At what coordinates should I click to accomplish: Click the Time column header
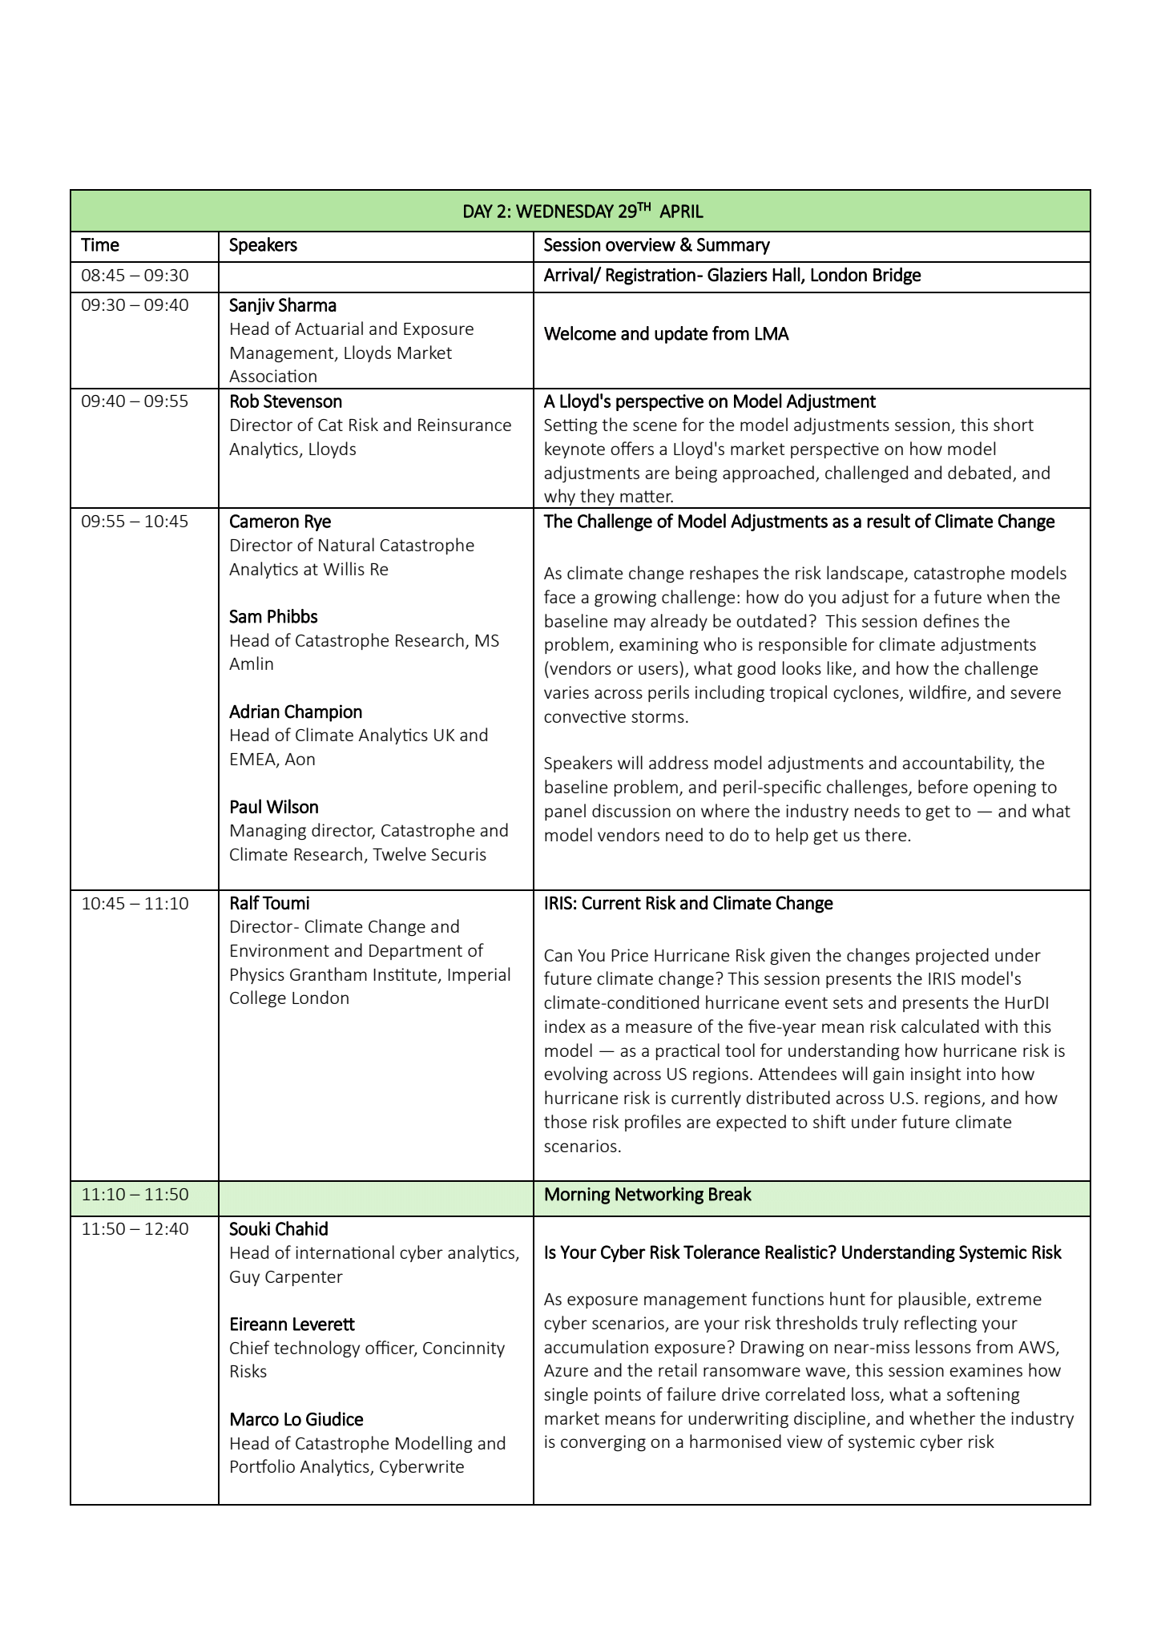(x=100, y=245)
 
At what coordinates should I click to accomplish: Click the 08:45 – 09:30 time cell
(x=135, y=276)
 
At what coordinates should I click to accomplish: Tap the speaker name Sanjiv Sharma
(x=283, y=305)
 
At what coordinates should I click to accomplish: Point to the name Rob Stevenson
(x=285, y=401)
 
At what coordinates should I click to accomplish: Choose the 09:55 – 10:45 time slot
(x=135, y=522)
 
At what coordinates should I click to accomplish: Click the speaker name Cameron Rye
(x=280, y=522)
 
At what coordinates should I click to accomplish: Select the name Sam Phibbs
(x=273, y=617)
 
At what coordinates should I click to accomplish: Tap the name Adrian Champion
(x=296, y=712)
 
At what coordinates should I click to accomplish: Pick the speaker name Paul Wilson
(x=274, y=807)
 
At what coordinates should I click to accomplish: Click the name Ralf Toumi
(x=269, y=903)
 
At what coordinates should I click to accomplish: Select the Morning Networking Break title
(x=647, y=1195)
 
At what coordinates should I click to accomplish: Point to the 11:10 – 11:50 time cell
(x=135, y=1195)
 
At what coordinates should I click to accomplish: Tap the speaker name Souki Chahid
(x=279, y=1229)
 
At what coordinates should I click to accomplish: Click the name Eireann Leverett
(x=292, y=1324)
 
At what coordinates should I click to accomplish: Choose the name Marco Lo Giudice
(x=296, y=1420)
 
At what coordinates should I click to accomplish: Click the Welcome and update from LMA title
(x=666, y=334)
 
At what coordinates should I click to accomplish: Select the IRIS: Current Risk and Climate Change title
(x=688, y=903)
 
